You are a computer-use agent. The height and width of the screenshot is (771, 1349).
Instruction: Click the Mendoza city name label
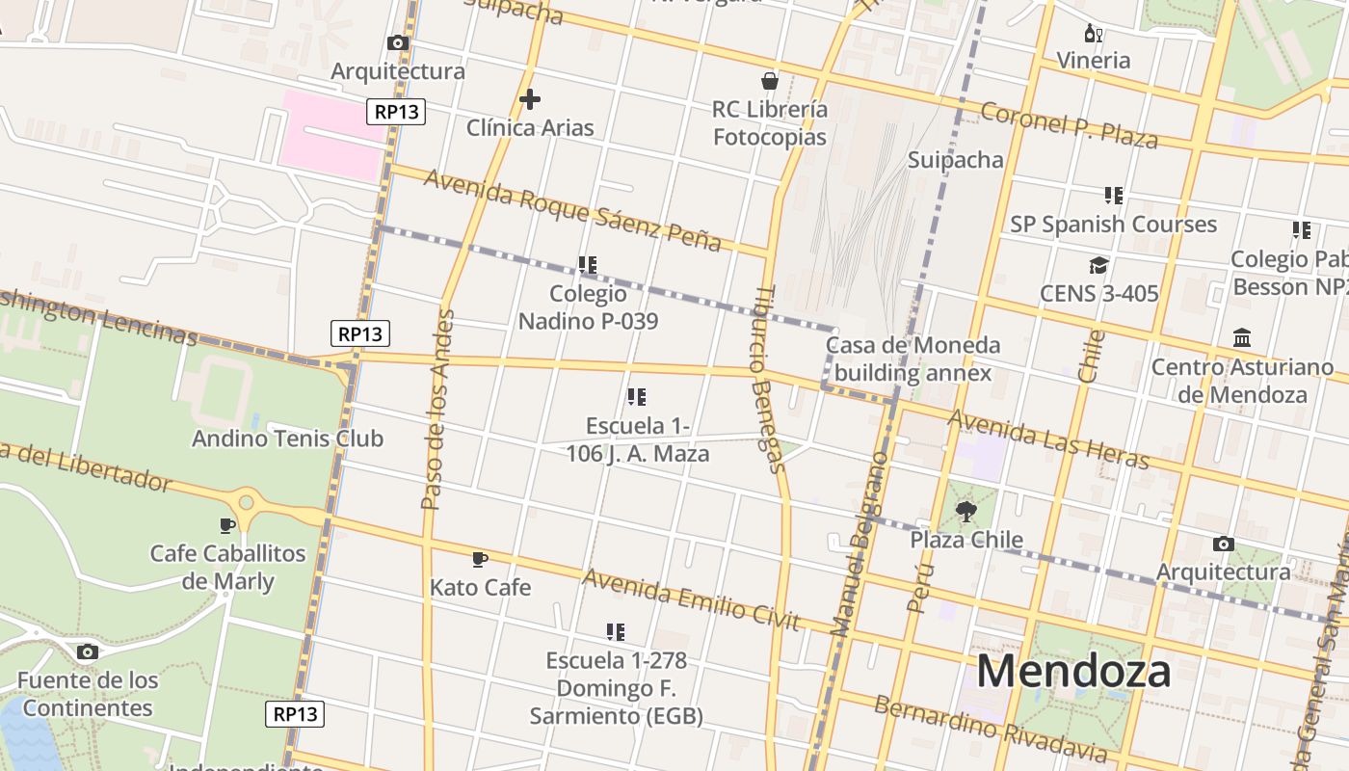[x=1073, y=671]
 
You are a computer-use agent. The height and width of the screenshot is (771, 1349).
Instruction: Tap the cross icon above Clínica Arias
[x=529, y=99]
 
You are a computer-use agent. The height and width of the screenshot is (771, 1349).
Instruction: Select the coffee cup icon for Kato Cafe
[x=480, y=559]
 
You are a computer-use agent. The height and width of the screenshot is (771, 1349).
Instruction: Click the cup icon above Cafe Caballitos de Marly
[x=227, y=525]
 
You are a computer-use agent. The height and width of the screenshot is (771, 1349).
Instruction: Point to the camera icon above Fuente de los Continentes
[x=87, y=652]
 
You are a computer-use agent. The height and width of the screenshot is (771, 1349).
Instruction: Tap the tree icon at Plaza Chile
[x=966, y=512]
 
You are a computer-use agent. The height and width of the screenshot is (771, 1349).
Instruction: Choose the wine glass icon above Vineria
[x=1094, y=34]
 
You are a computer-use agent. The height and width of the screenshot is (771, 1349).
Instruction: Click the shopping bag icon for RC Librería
[x=769, y=80]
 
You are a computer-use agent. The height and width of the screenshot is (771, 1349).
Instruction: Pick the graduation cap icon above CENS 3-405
[x=1098, y=265]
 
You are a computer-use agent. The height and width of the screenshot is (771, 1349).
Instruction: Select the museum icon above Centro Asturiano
[x=1242, y=338]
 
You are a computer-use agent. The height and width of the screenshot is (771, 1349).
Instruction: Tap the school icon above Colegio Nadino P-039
[x=588, y=264]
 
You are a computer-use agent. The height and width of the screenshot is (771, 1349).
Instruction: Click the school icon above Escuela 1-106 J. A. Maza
[x=636, y=397]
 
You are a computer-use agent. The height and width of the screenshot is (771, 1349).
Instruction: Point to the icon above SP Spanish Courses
[x=1114, y=196]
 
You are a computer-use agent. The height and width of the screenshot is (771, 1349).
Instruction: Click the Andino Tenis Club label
[x=287, y=439]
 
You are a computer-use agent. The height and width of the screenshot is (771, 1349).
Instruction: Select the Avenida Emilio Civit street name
[x=691, y=598]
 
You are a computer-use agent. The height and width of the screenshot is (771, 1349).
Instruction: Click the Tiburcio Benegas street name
[x=770, y=378]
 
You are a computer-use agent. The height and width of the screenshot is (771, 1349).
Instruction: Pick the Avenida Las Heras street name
[x=1048, y=439]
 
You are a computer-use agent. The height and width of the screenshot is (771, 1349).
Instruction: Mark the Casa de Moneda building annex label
[x=913, y=359]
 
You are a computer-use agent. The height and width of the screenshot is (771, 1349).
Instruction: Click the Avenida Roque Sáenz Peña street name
[x=572, y=209]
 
